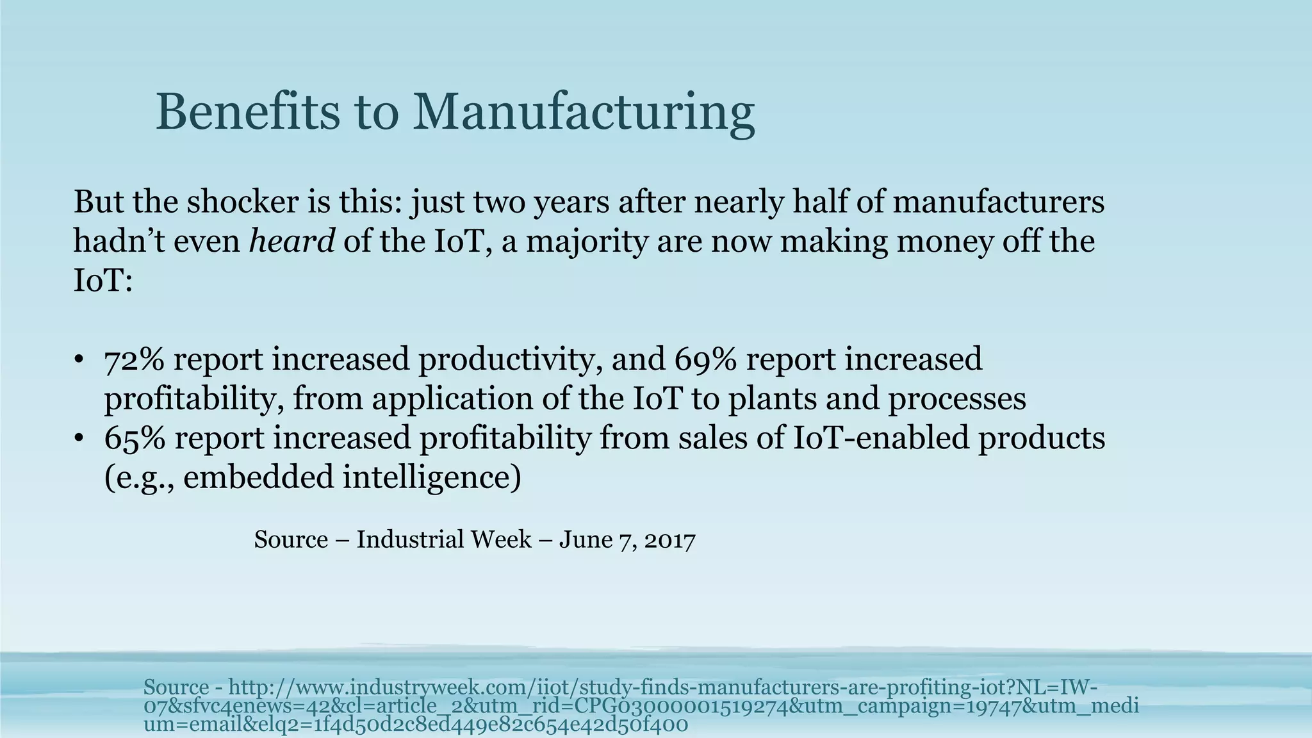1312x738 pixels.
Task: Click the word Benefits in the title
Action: [247, 112]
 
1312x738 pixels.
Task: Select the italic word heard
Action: [291, 242]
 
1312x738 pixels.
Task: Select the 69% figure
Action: [704, 359]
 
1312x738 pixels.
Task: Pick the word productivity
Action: [510, 359]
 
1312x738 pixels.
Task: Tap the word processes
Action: [957, 399]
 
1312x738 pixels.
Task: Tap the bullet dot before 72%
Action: [78, 360]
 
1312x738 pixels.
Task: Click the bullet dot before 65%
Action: [78, 439]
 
